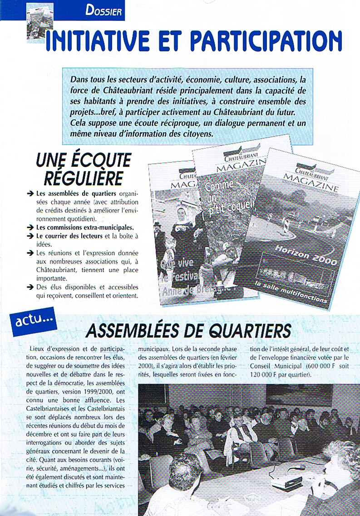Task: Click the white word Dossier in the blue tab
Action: (104, 10)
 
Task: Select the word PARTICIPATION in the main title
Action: (266, 41)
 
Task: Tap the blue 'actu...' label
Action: (33, 323)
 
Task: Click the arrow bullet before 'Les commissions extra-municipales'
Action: (30, 227)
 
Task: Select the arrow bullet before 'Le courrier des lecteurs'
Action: (30, 236)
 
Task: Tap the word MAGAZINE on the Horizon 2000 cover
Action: (311, 187)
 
